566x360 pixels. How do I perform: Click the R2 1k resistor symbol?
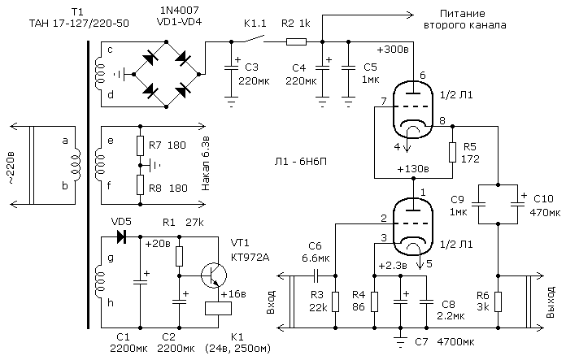coord(296,41)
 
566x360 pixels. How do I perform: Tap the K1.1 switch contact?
coord(255,39)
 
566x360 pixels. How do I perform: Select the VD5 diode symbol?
coord(121,237)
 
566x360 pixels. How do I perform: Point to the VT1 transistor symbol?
coord(214,275)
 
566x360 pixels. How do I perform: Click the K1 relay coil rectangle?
coord(218,309)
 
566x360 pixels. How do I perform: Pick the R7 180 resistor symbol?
coord(141,145)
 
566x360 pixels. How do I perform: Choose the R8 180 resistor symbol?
coord(141,184)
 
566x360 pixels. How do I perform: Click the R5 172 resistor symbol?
coord(452,152)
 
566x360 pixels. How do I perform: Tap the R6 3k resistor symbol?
coord(499,302)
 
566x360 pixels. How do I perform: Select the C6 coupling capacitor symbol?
coord(316,276)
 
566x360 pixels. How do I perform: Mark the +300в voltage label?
coord(393,50)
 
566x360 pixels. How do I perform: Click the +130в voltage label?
coord(413,169)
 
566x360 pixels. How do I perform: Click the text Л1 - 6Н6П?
coord(300,162)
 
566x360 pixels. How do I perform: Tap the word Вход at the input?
coord(272,302)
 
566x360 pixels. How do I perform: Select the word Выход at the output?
coord(550,302)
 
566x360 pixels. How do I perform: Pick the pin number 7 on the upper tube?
coord(383,102)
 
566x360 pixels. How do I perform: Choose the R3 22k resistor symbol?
coord(336,302)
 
